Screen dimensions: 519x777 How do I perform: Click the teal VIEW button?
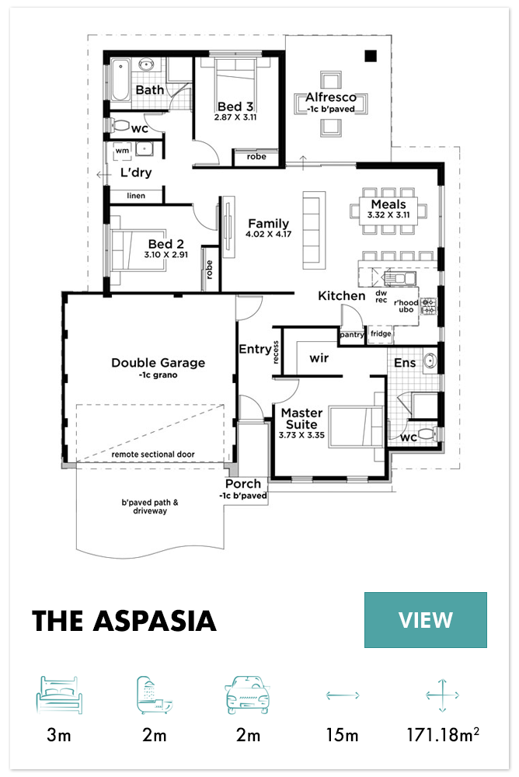[425, 619]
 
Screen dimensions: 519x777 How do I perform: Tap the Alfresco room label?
[331, 97]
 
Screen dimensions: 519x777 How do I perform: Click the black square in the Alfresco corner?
[371, 56]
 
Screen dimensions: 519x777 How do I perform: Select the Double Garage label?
[158, 363]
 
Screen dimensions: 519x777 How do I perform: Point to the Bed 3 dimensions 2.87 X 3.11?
[235, 117]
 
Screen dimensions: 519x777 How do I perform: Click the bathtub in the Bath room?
[120, 80]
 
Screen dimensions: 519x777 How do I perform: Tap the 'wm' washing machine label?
[122, 151]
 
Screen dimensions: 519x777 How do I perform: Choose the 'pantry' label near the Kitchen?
[352, 335]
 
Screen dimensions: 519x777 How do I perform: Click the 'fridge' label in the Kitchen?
[381, 333]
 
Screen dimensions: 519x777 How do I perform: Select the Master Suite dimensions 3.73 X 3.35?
[301, 435]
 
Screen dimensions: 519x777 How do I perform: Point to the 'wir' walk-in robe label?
[319, 357]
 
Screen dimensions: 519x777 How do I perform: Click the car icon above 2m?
[247, 695]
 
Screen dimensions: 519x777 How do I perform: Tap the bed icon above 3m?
[59, 695]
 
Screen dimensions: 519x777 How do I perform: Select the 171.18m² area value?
[443, 734]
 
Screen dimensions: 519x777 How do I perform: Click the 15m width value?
[342, 735]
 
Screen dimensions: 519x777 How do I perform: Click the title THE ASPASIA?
[124, 621]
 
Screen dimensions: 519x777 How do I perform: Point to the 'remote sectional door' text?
[153, 455]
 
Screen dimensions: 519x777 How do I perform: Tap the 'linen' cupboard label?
[136, 196]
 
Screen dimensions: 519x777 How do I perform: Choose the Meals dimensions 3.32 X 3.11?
[388, 215]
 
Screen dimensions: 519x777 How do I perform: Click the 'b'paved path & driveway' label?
[150, 507]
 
